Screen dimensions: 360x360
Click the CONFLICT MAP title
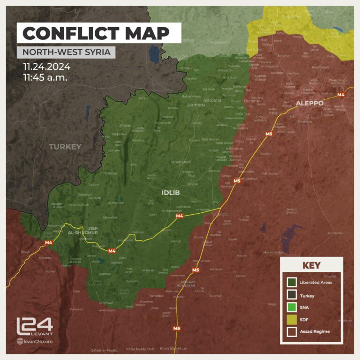coord(96,33)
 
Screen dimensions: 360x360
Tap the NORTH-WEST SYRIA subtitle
coord(66,52)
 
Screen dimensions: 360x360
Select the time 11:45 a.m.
coord(45,76)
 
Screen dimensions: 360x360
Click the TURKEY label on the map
coord(65,147)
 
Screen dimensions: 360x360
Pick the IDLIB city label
coord(171,193)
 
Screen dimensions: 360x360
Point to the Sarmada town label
coord(196,105)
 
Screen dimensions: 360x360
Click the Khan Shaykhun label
coord(173,348)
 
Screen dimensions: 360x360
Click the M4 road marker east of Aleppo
coord(341,95)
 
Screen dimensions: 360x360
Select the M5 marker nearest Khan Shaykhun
coord(176,328)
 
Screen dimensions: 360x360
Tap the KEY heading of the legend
coord(311,265)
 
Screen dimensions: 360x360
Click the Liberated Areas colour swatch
coord(291,282)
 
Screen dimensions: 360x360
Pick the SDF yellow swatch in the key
coord(291,319)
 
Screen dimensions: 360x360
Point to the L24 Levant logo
coord(35,327)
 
